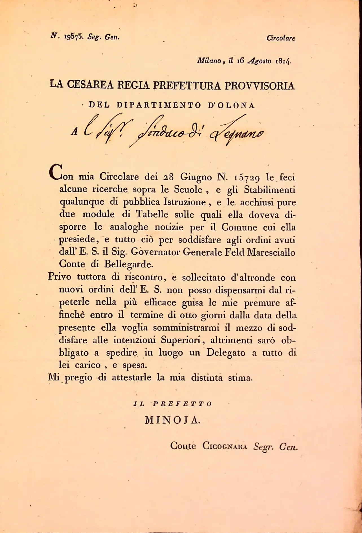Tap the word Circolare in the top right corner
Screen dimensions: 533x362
point(281,38)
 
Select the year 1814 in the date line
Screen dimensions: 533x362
point(283,61)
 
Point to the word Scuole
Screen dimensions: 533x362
point(188,189)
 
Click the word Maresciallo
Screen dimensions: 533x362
point(271,252)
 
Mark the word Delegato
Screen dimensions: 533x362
point(226,353)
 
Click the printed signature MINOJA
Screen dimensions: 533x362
point(172,420)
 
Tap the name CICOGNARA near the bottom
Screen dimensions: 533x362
point(225,446)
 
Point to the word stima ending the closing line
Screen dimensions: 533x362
point(240,378)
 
